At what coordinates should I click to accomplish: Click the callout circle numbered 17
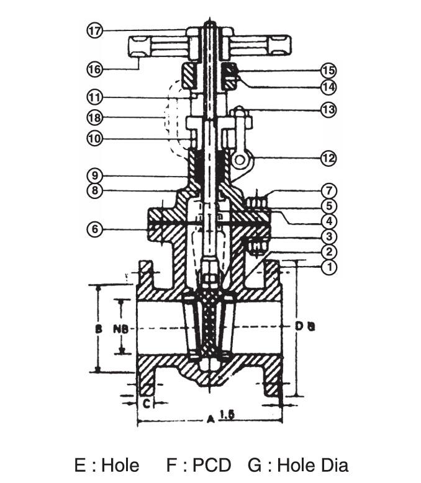(94, 30)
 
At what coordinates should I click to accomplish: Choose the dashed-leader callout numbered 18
(94, 118)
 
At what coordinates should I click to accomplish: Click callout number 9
(94, 175)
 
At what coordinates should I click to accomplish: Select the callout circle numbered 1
(330, 267)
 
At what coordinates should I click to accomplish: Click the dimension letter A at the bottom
(210, 420)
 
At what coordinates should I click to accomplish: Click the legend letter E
(79, 465)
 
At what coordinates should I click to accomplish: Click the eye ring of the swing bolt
(241, 160)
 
